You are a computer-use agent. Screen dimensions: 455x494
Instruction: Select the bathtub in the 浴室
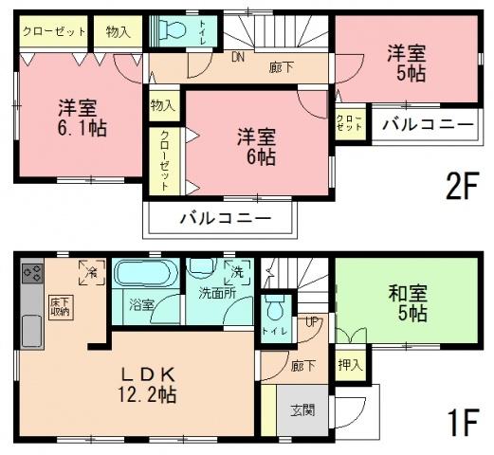pyautogui.click(x=143, y=276)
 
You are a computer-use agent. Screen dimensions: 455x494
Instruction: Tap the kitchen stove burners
pyautogui.click(x=31, y=276)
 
